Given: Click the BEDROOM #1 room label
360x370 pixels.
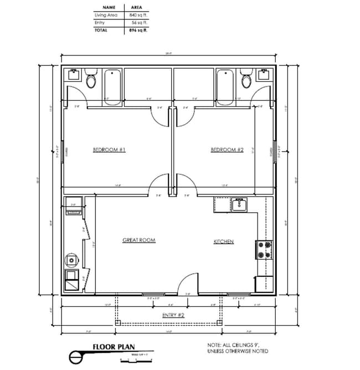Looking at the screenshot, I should (x=109, y=150).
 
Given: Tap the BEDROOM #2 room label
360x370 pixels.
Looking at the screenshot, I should (x=227, y=150).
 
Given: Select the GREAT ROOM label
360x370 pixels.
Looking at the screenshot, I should (x=138, y=240).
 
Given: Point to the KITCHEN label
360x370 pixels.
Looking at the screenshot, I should (x=224, y=241).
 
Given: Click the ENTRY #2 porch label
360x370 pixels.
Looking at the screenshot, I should (x=170, y=315).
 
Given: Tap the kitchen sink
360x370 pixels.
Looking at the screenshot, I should (x=239, y=205).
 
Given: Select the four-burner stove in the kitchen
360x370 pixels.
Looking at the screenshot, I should (x=264, y=250).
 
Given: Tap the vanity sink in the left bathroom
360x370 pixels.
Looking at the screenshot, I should (x=73, y=74).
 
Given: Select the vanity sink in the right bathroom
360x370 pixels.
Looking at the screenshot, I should (x=264, y=74).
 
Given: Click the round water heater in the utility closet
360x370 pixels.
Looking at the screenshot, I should (x=71, y=259).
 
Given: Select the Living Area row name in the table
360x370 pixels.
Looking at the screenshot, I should (x=106, y=15).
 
